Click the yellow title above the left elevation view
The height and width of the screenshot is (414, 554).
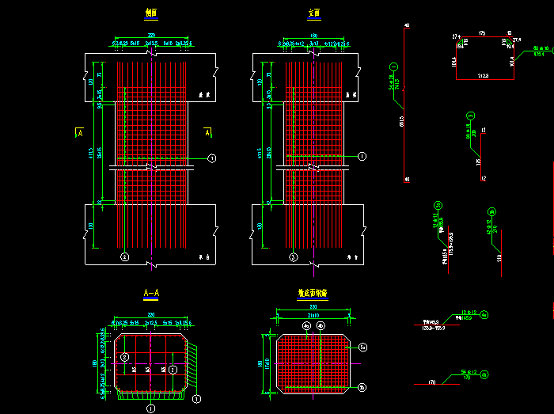[x=150, y=13]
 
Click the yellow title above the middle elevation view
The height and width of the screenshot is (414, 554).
[x=314, y=13]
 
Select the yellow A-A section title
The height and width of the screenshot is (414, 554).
[x=151, y=294]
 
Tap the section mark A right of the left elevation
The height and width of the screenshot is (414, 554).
[x=207, y=133]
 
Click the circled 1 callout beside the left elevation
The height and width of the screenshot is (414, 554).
[x=212, y=159]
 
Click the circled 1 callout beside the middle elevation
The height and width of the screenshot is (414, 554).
[x=362, y=157]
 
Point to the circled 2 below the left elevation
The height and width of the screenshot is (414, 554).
[x=124, y=257]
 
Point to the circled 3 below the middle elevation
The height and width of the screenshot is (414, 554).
[x=293, y=257]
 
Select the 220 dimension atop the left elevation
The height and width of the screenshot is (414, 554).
[x=150, y=36]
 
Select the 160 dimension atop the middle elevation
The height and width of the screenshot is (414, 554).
[x=314, y=36]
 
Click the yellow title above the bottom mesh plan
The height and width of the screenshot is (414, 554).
[x=313, y=294]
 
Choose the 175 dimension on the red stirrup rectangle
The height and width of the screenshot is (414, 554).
[x=482, y=33]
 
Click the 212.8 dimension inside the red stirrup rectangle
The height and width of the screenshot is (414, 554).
[x=483, y=76]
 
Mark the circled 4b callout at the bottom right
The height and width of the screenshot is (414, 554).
[x=484, y=374]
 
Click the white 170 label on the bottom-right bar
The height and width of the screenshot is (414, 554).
[x=433, y=382]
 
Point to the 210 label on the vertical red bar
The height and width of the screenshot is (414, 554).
[x=499, y=258]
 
